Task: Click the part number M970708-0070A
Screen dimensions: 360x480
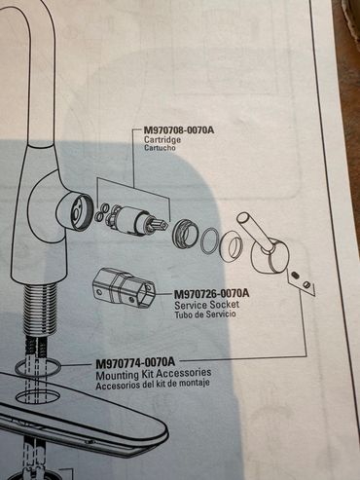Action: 179,130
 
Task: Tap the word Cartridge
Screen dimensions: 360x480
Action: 162,140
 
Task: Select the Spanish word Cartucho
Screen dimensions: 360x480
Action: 160,148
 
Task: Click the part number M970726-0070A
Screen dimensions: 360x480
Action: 212,294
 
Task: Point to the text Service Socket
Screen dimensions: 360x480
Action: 207,305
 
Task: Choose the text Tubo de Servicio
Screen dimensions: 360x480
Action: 205,314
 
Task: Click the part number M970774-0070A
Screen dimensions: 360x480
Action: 135,362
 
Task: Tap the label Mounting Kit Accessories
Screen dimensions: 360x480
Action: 154,374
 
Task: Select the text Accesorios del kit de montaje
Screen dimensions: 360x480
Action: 153,384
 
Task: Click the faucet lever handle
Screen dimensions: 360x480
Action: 265,245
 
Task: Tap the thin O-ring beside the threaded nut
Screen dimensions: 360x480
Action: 209,240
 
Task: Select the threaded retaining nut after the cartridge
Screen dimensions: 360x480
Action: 184,233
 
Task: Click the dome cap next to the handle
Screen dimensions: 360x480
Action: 231,247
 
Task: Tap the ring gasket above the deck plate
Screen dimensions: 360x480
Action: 38,368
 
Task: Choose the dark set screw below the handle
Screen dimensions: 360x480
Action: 295,276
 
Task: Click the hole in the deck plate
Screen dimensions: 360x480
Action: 38,396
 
